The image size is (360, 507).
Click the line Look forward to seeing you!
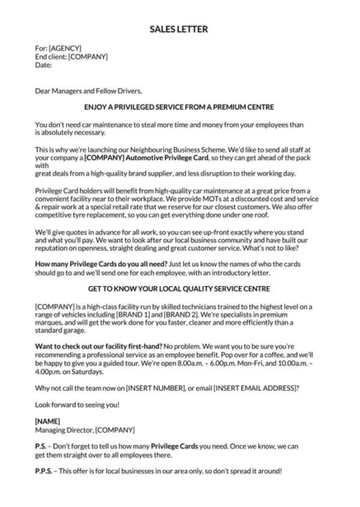click(77, 406)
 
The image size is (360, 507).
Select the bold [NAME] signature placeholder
click(48, 420)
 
